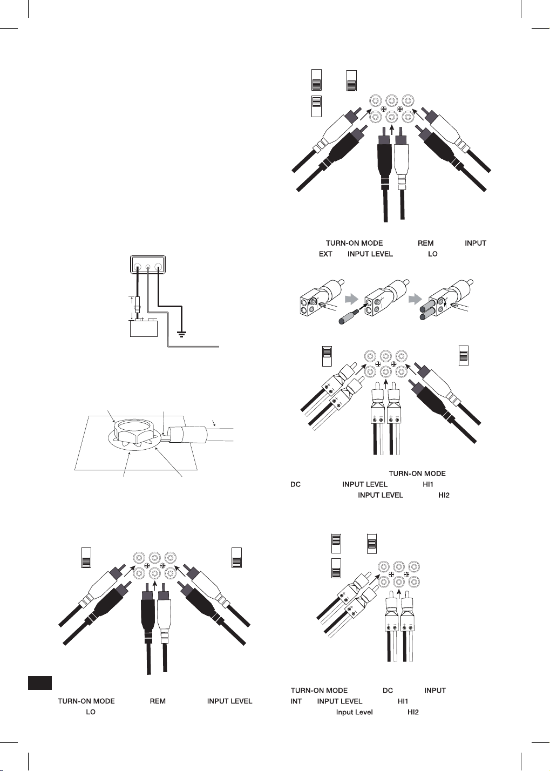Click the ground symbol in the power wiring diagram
click(x=182, y=334)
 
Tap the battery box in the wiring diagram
click(x=144, y=328)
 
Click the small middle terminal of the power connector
click(x=148, y=266)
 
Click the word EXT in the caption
click(x=325, y=254)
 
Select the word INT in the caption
click(x=296, y=701)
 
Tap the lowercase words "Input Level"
click(x=354, y=712)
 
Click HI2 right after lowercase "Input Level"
click(x=413, y=712)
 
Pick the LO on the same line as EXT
click(x=433, y=254)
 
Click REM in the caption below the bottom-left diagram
click(x=158, y=701)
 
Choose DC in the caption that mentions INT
click(x=388, y=691)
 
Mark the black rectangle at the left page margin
click(x=39, y=683)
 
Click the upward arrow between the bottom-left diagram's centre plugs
click(x=154, y=585)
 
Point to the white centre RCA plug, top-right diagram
click(x=402, y=157)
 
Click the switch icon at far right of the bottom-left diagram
click(x=236, y=558)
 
